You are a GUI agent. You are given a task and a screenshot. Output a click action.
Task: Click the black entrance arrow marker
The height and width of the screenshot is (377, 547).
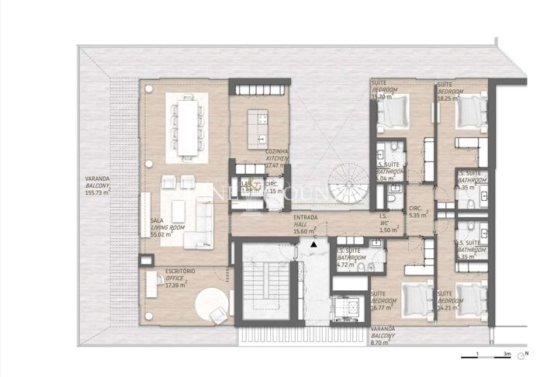313,244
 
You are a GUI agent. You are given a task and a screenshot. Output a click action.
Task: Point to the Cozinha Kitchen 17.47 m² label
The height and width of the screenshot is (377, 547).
277,158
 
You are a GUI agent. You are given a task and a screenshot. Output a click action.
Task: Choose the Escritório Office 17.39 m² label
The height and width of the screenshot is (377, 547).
179,278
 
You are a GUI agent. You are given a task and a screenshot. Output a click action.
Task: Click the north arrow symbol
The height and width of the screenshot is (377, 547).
524,355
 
